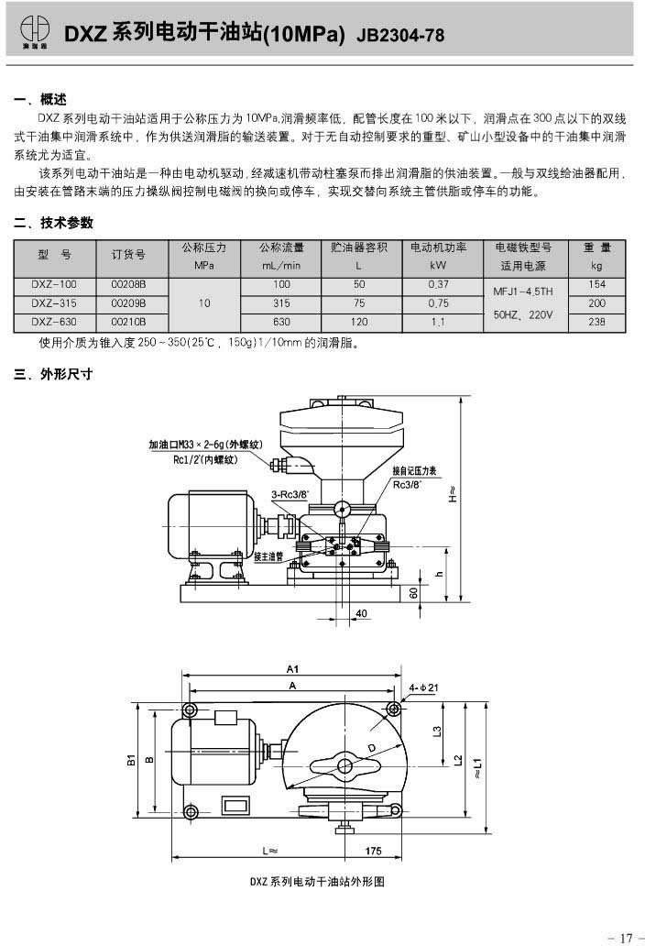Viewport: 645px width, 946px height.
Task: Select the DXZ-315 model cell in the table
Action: (54, 302)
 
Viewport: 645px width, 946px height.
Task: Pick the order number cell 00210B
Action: (128, 322)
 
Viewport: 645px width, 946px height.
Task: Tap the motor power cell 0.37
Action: (437, 285)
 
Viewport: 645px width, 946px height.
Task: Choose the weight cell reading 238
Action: (597, 322)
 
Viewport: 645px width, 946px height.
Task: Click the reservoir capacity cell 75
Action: (359, 302)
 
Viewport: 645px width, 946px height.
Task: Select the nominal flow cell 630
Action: (281, 322)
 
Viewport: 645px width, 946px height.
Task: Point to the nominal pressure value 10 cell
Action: (204, 302)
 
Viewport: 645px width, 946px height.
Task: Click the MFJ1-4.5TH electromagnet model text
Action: (523, 291)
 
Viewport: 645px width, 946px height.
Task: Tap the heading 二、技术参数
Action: (54, 223)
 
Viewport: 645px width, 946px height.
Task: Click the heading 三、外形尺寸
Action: (54, 374)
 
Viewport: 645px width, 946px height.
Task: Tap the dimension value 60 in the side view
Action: (414, 594)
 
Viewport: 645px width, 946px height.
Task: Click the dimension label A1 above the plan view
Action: (293, 669)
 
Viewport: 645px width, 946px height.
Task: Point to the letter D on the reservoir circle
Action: (372, 749)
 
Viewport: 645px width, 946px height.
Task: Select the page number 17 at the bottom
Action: (626, 937)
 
